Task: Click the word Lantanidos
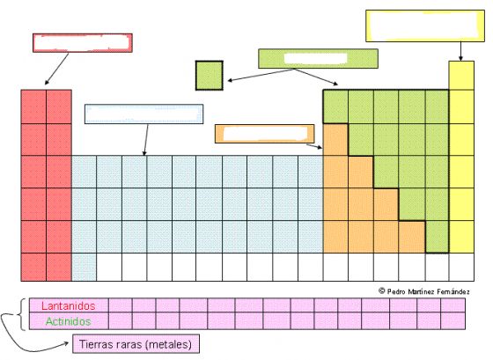tap(69, 306)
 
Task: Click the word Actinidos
tap(69, 321)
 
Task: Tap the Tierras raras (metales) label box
tap(136, 343)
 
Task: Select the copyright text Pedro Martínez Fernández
tap(424, 291)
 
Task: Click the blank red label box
tap(83, 43)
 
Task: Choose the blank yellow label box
tap(425, 26)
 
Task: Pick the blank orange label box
tap(264, 134)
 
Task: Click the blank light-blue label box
tap(144, 114)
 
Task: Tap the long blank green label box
tap(318, 58)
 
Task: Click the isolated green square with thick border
tap(210, 76)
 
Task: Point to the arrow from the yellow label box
tap(460, 51)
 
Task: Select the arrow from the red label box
tap(56, 69)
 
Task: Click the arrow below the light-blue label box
tap(146, 140)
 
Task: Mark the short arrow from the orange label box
tap(314, 146)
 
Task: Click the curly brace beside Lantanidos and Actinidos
tap(22, 314)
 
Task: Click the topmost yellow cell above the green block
tap(461, 76)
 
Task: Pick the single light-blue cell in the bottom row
tap(84, 267)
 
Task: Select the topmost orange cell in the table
tap(335, 140)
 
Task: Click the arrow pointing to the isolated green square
tap(261, 75)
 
